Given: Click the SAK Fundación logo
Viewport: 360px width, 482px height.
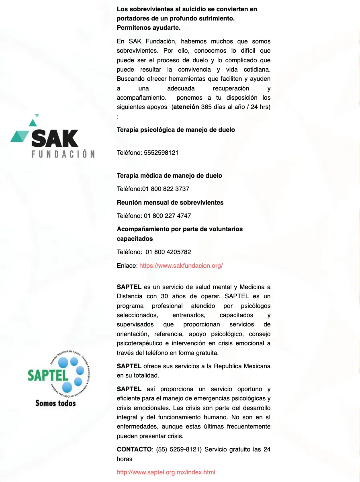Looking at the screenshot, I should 53,137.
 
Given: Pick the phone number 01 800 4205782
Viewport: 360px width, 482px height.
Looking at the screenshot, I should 168,252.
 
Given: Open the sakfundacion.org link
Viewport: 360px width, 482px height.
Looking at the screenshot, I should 181,266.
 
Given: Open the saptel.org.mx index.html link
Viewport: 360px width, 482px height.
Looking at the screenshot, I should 166,472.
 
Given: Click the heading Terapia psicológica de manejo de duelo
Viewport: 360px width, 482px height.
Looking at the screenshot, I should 176,130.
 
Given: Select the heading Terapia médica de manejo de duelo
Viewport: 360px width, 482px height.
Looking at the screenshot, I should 169,176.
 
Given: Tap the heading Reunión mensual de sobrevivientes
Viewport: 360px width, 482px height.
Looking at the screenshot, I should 170,203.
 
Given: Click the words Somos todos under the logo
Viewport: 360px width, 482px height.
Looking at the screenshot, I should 55,403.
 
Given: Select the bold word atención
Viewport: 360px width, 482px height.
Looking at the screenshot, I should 185,107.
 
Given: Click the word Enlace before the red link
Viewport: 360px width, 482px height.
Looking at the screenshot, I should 127,266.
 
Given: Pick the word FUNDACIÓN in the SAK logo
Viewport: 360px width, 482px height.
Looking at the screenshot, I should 63,154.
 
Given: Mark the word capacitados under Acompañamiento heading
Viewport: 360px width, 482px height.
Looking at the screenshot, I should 135,239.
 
